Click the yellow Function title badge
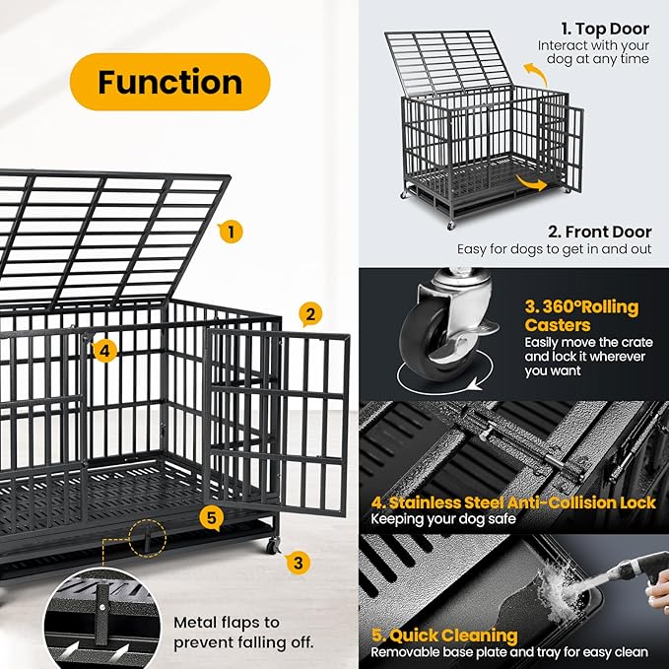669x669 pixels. point(169,82)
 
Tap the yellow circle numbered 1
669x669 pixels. point(230,233)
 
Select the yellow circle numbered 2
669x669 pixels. point(308,314)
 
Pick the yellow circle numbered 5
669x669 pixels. point(212,517)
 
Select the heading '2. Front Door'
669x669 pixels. point(599,232)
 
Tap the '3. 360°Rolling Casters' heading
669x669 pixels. point(581,315)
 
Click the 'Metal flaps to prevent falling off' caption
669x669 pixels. point(243,632)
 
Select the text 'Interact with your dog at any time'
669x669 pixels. point(593,52)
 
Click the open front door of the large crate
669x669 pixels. point(278,419)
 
